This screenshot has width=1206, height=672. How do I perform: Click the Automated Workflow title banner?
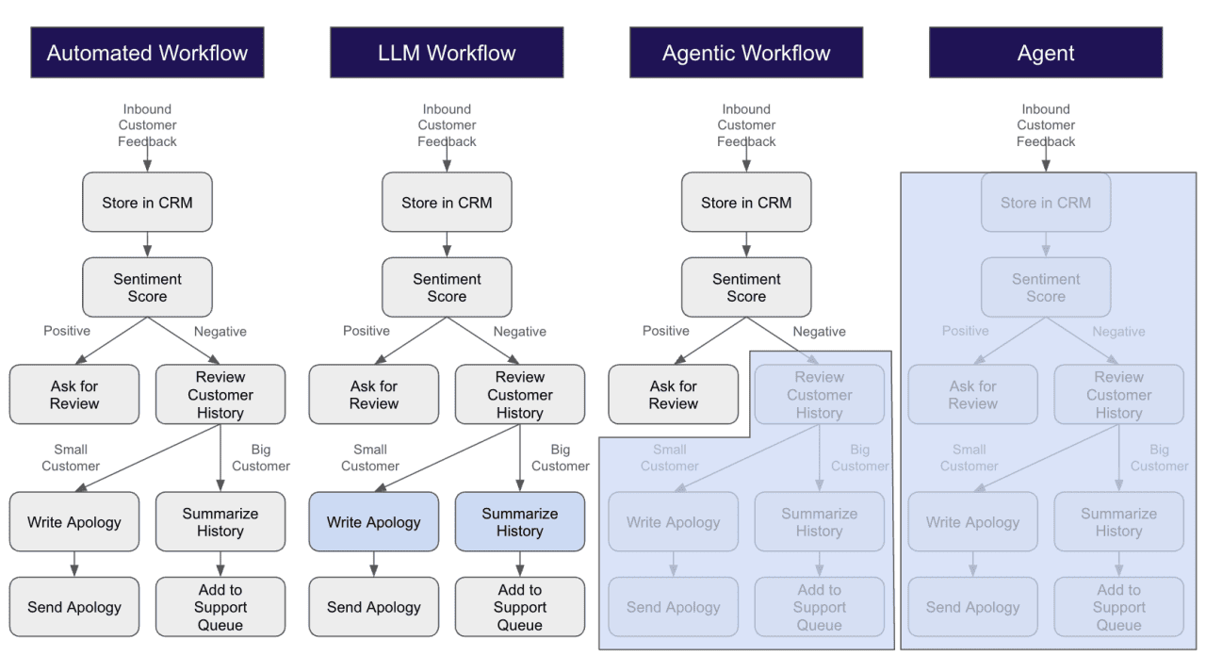(x=147, y=53)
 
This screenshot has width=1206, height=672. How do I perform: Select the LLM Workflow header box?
(x=447, y=53)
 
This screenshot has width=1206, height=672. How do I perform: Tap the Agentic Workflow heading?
(x=746, y=53)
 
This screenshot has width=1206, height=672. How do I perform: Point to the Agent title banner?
(x=1046, y=53)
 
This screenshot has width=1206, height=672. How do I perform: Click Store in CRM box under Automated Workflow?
(x=147, y=203)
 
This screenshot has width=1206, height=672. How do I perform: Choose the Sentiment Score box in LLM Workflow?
(x=447, y=287)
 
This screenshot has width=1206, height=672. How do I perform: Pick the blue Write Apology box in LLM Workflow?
(x=374, y=522)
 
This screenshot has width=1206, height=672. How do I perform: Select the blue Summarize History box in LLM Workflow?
(x=520, y=522)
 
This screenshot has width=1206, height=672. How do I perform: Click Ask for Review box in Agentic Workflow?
(x=674, y=395)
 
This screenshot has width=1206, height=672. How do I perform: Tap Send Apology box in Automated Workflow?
(x=74, y=607)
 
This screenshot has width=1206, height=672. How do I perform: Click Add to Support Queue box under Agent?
(x=1118, y=607)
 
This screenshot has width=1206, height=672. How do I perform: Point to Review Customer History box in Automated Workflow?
(x=220, y=395)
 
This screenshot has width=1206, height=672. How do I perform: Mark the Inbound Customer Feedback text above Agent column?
(x=1046, y=125)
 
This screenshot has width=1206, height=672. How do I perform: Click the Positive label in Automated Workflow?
(x=67, y=331)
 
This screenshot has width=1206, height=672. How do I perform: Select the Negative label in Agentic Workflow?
(x=820, y=331)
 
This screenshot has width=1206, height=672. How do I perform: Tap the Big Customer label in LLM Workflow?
(x=561, y=458)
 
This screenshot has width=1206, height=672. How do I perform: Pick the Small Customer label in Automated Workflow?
(x=71, y=458)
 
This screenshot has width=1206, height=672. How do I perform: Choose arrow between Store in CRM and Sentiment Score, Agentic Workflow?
(x=746, y=245)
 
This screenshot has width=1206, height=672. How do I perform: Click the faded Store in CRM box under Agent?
(x=1046, y=203)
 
